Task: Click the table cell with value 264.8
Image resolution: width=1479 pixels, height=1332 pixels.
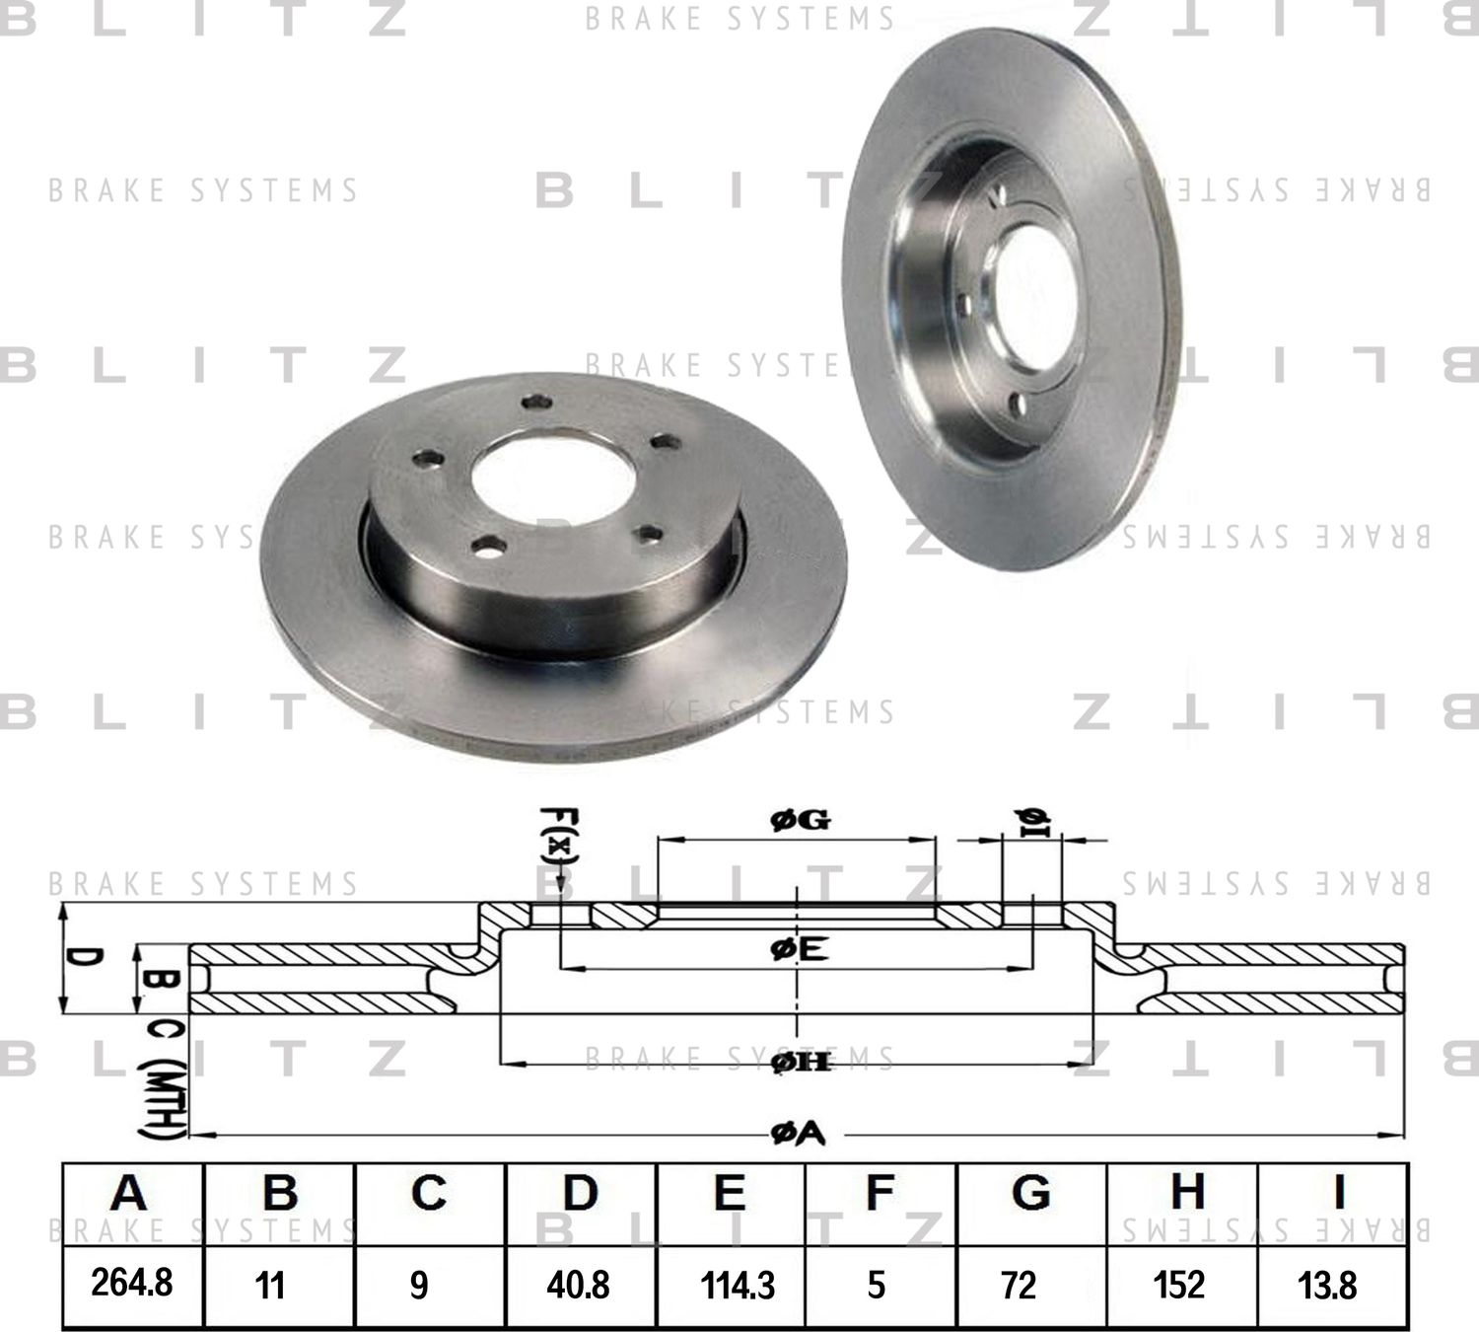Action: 132,1284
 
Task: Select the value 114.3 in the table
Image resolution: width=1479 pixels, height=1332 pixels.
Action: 738,1286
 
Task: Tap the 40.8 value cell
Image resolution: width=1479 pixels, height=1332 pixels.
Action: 579,1285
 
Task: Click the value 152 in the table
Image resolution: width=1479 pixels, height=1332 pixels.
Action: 1179,1285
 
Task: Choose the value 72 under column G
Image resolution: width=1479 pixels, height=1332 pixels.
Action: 1018,1285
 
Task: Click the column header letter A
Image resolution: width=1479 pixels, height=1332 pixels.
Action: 129,1194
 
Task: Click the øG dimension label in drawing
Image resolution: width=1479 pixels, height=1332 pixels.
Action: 800,820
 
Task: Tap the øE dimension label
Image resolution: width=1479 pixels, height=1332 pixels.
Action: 799,949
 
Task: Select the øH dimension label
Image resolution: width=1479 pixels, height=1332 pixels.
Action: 800,1062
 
